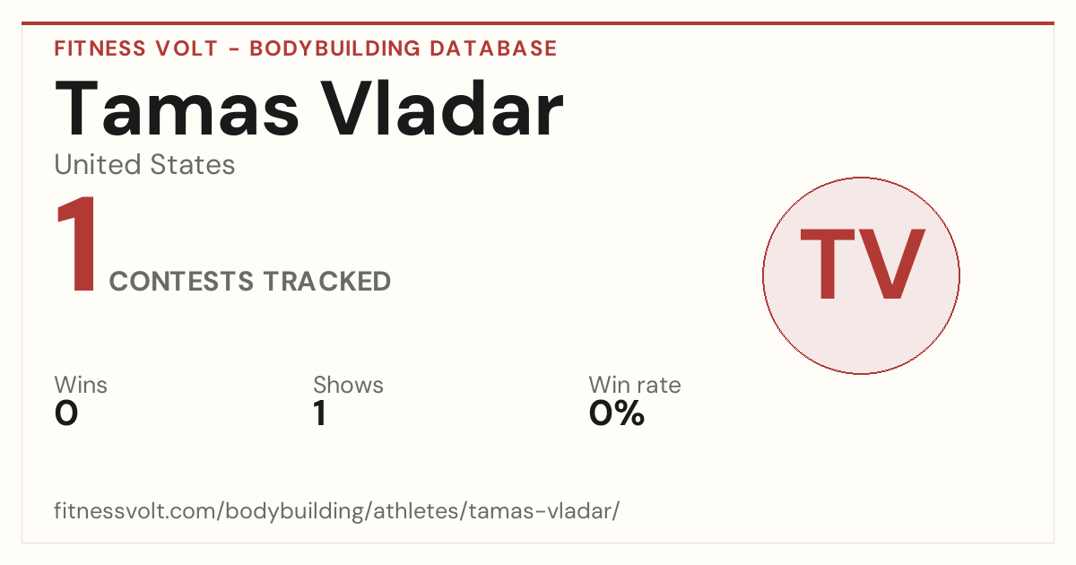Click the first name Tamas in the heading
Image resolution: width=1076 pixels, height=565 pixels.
pos(178,109)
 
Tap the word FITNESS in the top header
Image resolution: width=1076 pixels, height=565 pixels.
pos(100,48)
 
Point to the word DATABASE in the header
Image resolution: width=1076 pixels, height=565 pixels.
pos(493,48)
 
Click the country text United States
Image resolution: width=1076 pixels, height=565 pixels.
pos(144,164)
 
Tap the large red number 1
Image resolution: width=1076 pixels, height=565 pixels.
pos(77,244)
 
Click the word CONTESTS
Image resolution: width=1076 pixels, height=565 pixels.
pos(181,281)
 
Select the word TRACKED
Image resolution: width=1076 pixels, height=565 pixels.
pos(327,281)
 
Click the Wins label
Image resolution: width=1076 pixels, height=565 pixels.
pos(81,385)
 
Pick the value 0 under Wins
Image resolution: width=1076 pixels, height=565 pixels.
pos(66,413)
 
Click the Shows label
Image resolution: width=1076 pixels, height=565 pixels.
pos(348,385)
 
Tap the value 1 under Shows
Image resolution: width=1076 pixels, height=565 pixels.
pos(320,413)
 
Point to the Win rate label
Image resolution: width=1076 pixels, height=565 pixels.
pos(635,385)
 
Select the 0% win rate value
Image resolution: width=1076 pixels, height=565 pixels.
pos(617,413)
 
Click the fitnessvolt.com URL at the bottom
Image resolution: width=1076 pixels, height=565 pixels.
pos(337,510)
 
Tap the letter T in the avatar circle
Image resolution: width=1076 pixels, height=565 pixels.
pos(827,264)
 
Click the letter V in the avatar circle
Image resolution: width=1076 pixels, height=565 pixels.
pos(891,264)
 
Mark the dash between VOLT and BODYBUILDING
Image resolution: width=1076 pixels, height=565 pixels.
pos(234,49)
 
